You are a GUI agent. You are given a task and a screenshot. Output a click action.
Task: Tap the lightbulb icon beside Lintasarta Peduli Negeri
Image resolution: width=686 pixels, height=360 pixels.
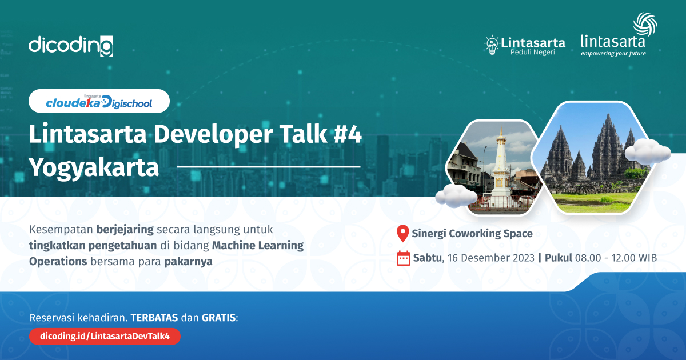[x=491, y=45]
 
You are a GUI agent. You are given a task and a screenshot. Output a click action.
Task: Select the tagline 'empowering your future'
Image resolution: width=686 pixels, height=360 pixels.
[x=613, y=54]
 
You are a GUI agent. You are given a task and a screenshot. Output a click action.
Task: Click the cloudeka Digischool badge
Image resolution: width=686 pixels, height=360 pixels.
[x=99, y=101]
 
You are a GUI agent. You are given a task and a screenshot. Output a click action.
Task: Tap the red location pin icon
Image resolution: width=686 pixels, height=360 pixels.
[x=403, y=233]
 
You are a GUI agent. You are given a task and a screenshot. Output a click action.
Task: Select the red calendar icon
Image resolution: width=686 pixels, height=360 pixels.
[x=404, y=258]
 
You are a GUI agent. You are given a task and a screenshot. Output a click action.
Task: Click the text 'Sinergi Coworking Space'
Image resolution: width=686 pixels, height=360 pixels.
[x=473, y=233]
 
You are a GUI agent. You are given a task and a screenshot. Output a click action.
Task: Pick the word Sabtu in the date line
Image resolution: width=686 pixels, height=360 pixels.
[x=428, y=258]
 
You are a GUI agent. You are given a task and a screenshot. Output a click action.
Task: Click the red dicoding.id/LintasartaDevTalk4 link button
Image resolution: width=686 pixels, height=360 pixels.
[x=105, y=337]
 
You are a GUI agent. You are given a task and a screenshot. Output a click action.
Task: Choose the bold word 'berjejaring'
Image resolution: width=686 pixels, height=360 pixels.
[x=125, y=230]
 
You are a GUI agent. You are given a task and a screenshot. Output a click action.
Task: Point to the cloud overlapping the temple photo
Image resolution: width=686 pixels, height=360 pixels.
[x=647, y=151]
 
